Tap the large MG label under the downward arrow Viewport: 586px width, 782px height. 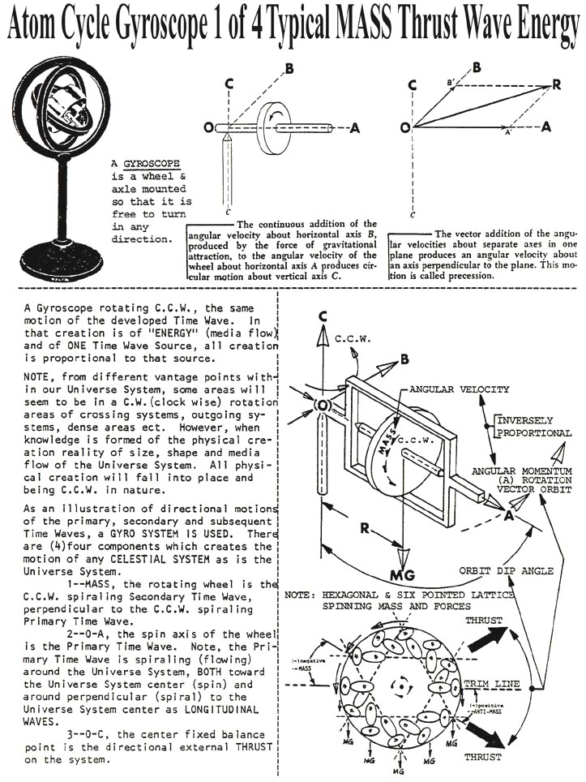point(403,575)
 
